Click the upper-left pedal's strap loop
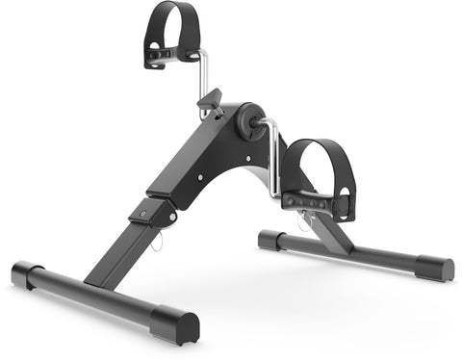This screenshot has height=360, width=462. (175, 21)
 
